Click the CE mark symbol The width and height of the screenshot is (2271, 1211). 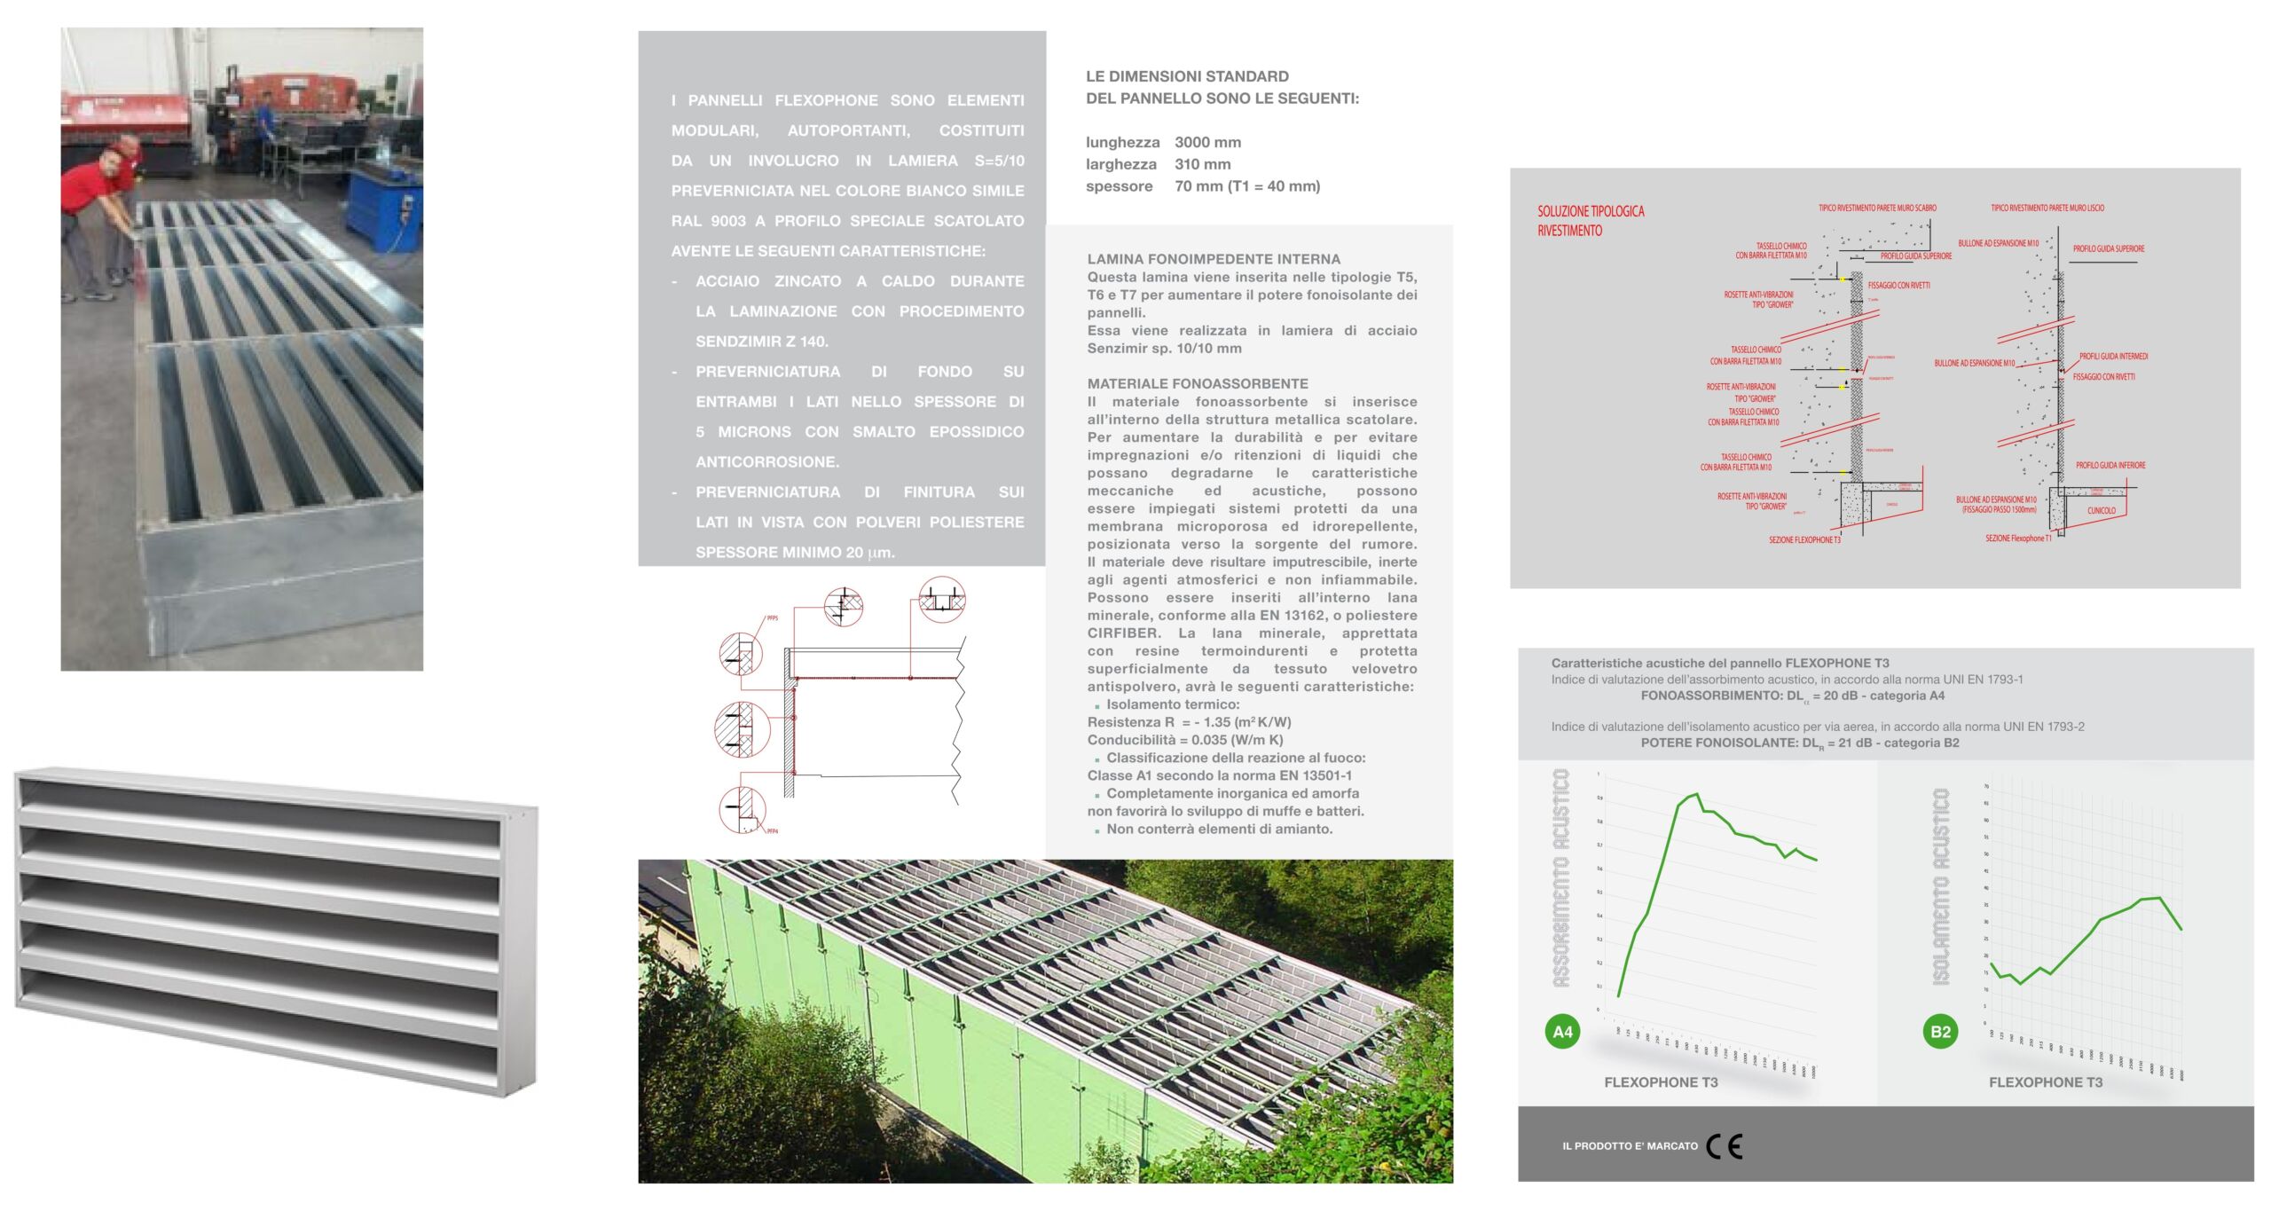(1724, 1146)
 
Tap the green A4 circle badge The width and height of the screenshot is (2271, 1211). (1562, 1032)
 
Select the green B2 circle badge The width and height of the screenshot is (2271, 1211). (1940, 1032)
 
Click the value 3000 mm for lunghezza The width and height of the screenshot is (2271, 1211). (1207, 142)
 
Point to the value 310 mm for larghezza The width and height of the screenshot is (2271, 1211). (1202, 164)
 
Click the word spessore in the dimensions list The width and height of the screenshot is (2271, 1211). (1119, 186)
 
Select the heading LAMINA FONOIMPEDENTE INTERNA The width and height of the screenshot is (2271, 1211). (1214, 259)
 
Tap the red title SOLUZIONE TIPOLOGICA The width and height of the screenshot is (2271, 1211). (1591, 211)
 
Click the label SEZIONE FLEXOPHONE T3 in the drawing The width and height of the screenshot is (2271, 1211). (1804, 539)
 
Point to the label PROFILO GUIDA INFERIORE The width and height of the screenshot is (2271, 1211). (2110, 465)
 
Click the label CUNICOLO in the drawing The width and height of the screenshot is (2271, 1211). (2101, 510)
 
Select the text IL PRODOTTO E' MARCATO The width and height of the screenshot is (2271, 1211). (1630, 1146)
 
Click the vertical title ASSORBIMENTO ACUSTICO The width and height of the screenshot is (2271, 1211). (1560, 878)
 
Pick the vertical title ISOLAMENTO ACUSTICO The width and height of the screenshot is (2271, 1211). (1940, 887)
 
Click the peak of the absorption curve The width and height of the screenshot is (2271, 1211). (1696, 794)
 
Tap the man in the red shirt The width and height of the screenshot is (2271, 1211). (93, 213)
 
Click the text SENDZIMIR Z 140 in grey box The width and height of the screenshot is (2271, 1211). (761, 342)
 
